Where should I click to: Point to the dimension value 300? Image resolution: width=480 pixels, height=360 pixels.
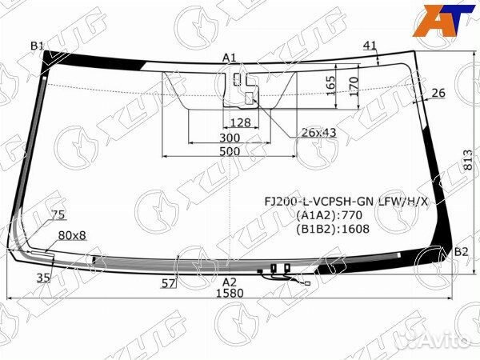point(230,138)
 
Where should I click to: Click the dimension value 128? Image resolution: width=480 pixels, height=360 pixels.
point(241,122)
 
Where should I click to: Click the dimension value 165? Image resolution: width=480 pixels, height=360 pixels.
point(330,85)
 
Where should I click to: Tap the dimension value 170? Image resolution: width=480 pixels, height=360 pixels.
point(352,85)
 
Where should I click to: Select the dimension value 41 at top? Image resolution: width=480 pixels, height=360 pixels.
point(370,45)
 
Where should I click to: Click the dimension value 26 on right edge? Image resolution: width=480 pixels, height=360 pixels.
point(438,94)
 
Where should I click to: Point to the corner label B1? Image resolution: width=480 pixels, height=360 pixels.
point(38,46)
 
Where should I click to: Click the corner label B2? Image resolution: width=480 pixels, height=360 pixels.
point(462,253)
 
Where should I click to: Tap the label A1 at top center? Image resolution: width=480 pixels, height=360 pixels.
point(230,57)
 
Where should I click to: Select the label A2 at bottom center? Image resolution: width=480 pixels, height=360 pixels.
point(230,282)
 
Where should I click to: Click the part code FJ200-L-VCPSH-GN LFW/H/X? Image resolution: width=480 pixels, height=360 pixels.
point(346,201)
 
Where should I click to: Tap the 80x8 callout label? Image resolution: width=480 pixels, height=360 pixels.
point(72,237)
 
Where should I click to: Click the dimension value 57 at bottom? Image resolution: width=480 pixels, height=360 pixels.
point(168,283)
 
